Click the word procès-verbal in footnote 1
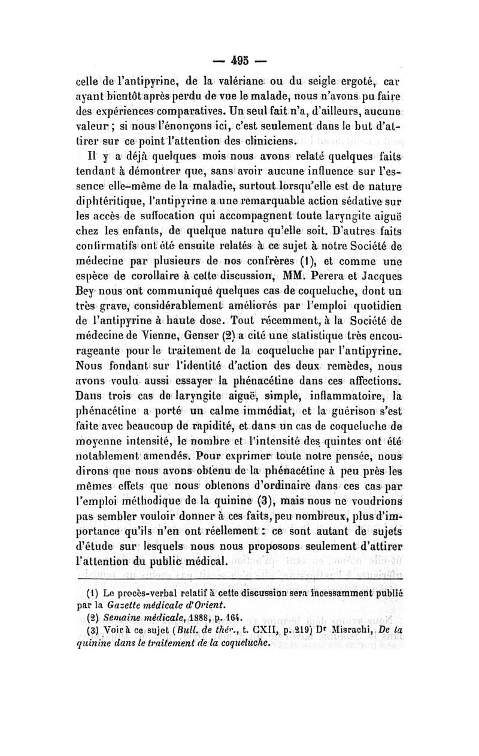[x=148, y=594]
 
